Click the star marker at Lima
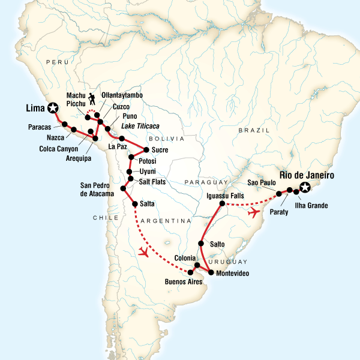click(x=53, y=108)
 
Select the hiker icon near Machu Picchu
click(x=92, y=98)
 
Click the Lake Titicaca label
click(x=142, y=125)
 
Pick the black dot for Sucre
click(x=146, y=149)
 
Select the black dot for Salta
click(x=134, y=204)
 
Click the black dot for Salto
click(x=201, y=244)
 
